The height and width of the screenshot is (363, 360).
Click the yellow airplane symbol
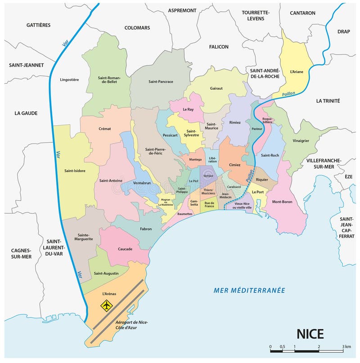click(106, 306)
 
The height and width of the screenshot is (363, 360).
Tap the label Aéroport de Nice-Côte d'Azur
click(132, 325)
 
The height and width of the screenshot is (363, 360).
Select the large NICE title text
click(310, 333)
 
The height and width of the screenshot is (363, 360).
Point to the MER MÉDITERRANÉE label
click(249, 290)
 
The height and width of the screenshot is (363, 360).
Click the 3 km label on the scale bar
click(346, 346)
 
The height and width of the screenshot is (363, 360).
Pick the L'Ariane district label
click(297, 71)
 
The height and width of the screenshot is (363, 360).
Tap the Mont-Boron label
click(282, 202)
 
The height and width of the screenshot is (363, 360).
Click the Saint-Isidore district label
click(75, 170)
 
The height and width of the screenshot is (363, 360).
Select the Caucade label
click(125, 249)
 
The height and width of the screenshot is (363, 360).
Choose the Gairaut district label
click(216, 88)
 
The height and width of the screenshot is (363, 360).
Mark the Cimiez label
click(235, 165)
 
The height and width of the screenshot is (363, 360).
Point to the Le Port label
click(258, 192)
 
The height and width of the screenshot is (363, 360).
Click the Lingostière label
click(69, 80)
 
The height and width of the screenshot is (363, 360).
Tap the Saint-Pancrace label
click(161, 81)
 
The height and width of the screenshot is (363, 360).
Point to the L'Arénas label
click(109, 294)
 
